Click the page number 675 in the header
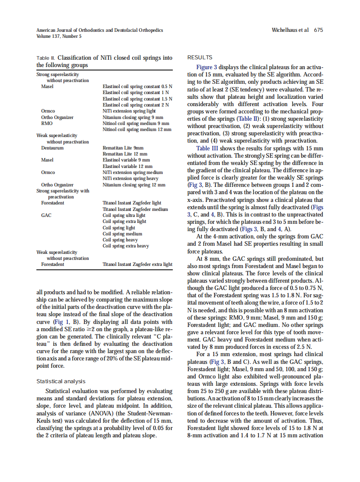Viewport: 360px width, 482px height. pos(318,30)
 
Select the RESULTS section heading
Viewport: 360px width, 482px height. pos(200,58)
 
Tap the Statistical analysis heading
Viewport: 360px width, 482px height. pos(61,381)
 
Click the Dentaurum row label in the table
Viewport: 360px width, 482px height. pos(52,148)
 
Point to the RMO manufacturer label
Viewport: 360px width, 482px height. pos(47,123)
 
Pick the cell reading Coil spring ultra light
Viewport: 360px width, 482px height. pos(124,216)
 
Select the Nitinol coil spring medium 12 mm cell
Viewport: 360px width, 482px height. pos(137,129)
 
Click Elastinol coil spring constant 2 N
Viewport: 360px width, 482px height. pos(136,104)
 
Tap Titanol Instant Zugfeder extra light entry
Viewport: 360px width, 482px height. pos(137,265)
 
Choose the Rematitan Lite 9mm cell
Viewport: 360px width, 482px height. pos(123,148)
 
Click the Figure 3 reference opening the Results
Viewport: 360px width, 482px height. pos(204,67)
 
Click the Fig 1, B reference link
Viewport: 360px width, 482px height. pos(63,322)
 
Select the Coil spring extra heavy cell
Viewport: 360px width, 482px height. pos(126,246)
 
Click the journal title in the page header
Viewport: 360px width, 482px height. pos(100,30)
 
